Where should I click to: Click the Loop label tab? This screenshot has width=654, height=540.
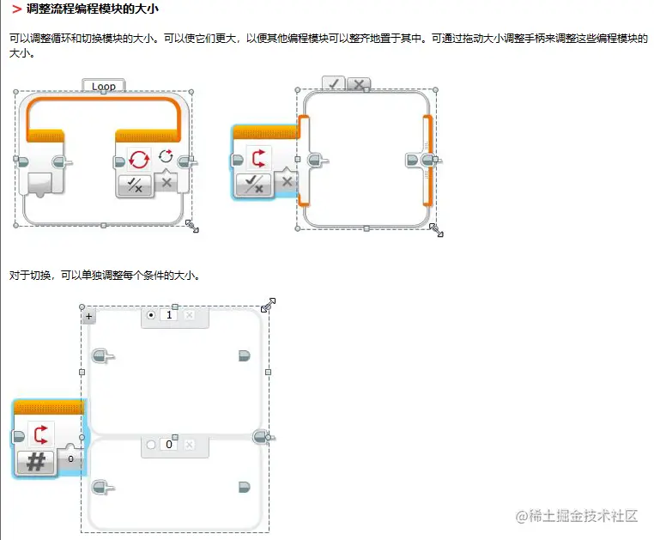104,86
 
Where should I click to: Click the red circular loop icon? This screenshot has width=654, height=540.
138,159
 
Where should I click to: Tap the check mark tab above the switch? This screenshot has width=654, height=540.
334,83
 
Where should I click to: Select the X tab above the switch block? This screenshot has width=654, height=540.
359,83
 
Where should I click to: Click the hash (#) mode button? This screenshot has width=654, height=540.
35,462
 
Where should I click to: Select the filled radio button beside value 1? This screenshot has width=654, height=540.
151,316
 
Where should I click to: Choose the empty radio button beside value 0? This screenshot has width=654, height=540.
151,445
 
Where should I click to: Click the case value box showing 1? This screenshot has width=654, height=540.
169,316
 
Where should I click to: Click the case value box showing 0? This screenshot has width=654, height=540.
169,445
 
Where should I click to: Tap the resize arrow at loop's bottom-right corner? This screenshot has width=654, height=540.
192,226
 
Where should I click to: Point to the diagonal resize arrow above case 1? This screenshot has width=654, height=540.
268,304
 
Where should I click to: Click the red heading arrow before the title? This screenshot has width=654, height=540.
16,9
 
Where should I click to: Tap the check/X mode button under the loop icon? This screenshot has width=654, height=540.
135,183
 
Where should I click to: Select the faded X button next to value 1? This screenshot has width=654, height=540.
190,316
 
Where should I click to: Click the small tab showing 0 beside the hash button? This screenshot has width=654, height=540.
71,459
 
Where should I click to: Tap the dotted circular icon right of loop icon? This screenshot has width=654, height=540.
166,158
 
